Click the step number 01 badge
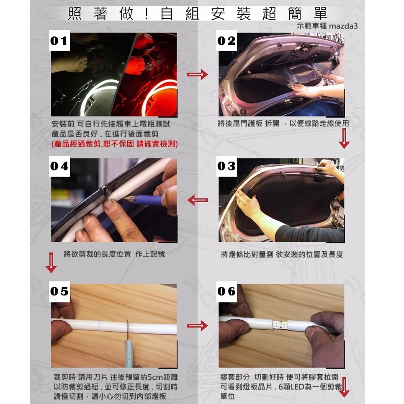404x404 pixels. click(59, 41)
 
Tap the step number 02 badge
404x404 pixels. click(226, 41)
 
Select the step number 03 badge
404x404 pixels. click(226, 166)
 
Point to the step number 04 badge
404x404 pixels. click(59, 166)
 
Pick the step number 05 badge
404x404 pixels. click(59, 292)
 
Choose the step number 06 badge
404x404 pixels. click(226, 292)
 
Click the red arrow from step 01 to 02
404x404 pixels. click(197, 75)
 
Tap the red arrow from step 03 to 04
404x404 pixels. click(198, 200)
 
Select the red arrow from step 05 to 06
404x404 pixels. click(197, 326)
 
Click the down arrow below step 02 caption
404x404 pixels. click(344, 138)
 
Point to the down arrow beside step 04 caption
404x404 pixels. click(51, 262)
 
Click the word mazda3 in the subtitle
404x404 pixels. click(343, 26)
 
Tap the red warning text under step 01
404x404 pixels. click(115, 144)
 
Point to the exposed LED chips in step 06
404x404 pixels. click(280, 324)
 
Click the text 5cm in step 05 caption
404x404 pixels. click(155, 377)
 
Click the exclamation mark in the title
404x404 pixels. click(147, 14)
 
